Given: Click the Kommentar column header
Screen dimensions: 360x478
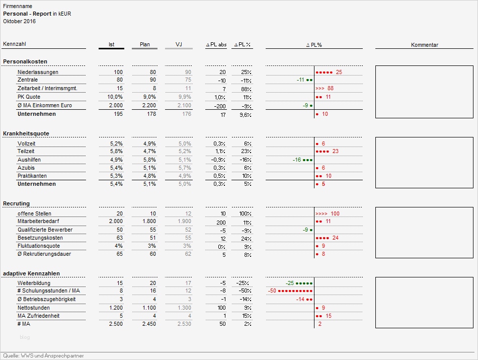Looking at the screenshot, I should [424, 45].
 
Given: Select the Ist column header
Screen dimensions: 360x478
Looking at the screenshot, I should [111, 45].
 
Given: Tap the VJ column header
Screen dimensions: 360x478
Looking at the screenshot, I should [179, 45].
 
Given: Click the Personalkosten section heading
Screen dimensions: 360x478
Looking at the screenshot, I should [25, 61].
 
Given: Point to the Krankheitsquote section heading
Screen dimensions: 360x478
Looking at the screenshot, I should [26, 133].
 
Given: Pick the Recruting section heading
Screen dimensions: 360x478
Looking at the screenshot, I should [17, 203].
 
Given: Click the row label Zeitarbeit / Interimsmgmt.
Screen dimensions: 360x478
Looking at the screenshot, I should [43, 89].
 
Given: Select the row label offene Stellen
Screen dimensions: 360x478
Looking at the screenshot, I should [34, 213].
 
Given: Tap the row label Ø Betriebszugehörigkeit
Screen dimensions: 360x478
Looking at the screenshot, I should [46, 299].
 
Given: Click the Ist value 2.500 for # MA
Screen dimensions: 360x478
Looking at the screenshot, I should [115, 324].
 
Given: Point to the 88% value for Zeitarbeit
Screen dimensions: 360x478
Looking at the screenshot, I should [245, 89].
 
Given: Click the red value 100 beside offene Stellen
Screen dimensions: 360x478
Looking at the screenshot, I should [335, 213].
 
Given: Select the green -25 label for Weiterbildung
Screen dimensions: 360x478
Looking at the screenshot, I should [289, 283].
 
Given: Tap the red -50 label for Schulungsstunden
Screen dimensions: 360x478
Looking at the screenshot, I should [272, 291].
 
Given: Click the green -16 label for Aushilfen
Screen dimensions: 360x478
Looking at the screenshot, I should [296, 160].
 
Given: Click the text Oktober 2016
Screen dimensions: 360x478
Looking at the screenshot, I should [19, 21].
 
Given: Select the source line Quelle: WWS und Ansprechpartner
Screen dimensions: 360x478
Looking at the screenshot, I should [43, 356].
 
